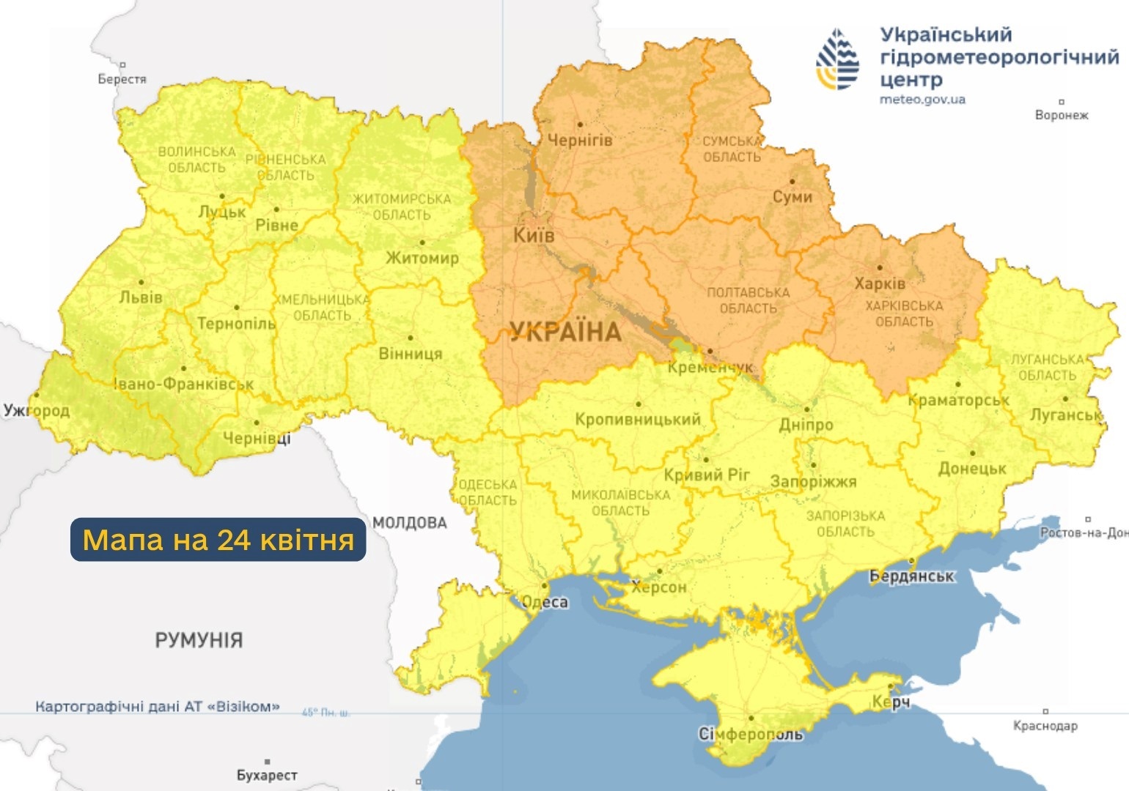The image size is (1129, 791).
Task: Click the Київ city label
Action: pyautogui.click(x=533, y=235)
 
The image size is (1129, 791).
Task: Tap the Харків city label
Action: pyautogui.click(x=879, y=283)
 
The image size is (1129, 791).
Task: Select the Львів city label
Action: pyautogui.click(x=141, y=297)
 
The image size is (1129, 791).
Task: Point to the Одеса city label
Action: pyautogui.click(x=545, y=602)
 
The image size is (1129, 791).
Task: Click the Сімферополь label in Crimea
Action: pyautogui.click(x=750, y=734)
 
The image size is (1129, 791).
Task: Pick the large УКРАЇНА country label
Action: pyautogui.click(x=565, y=332)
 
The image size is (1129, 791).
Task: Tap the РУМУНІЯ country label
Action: pyautogui.click(x=199, y=640)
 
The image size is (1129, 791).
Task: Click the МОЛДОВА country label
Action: pyautogui.click(x=409, y=522)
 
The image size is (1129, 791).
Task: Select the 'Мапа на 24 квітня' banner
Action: pyautogui.click(x=218, y=540)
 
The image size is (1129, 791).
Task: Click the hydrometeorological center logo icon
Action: pyautogui.click(x=837, y=60)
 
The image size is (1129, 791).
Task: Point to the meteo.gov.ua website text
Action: pyautogui.click(x=922, y=100)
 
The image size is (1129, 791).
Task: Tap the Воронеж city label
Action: pyautogui.click(x=1061, y=115)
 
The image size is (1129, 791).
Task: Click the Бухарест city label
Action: pyautogui.click(x=267, y=775)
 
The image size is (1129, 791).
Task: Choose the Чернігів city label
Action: pyautogui.click(x=579, y=140)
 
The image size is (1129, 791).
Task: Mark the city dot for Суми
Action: pyautogui.click(x=792, y=181)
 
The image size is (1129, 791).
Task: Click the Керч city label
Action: pyautogui.click(x=891, y=702)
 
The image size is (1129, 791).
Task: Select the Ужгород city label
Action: pyautogui.click(x=37, y=410)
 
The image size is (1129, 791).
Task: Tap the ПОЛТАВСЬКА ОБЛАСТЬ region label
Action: pyautogui.click(x=748, y=300)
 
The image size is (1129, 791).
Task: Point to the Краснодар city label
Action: pyautogui.click(x=1045, y=726)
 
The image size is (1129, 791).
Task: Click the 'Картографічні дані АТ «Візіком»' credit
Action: pyautogui.click(x=158, y=707)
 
